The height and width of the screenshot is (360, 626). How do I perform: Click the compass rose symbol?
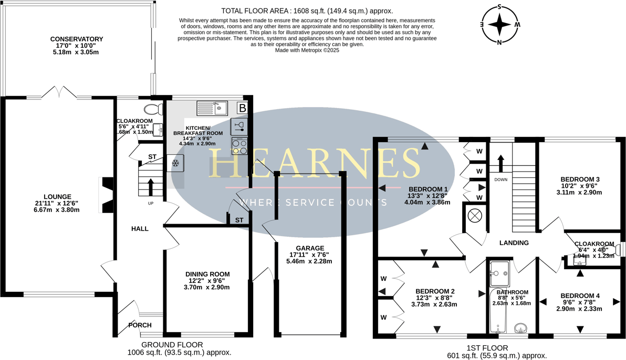499,24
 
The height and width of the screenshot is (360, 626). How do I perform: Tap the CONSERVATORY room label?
77,39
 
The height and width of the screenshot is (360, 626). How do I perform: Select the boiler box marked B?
242,108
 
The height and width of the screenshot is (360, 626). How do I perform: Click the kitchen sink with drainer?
212,108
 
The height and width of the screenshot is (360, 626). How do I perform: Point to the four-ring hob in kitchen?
239,146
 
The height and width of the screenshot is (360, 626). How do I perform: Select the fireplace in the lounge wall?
106,195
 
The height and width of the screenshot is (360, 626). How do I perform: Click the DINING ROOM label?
207,274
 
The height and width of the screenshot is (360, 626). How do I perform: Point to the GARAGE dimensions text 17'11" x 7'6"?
309,255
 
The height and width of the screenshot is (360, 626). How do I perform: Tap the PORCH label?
140,325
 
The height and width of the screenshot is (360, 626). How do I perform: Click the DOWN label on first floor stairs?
500,179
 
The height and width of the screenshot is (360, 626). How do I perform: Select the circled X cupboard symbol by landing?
475,215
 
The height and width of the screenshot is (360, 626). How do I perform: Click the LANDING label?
514,243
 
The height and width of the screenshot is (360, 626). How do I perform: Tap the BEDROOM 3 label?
580,179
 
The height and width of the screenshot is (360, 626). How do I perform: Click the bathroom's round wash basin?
521,329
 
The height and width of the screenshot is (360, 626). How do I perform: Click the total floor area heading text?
307,10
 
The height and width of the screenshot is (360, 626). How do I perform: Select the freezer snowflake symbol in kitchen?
176,164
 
